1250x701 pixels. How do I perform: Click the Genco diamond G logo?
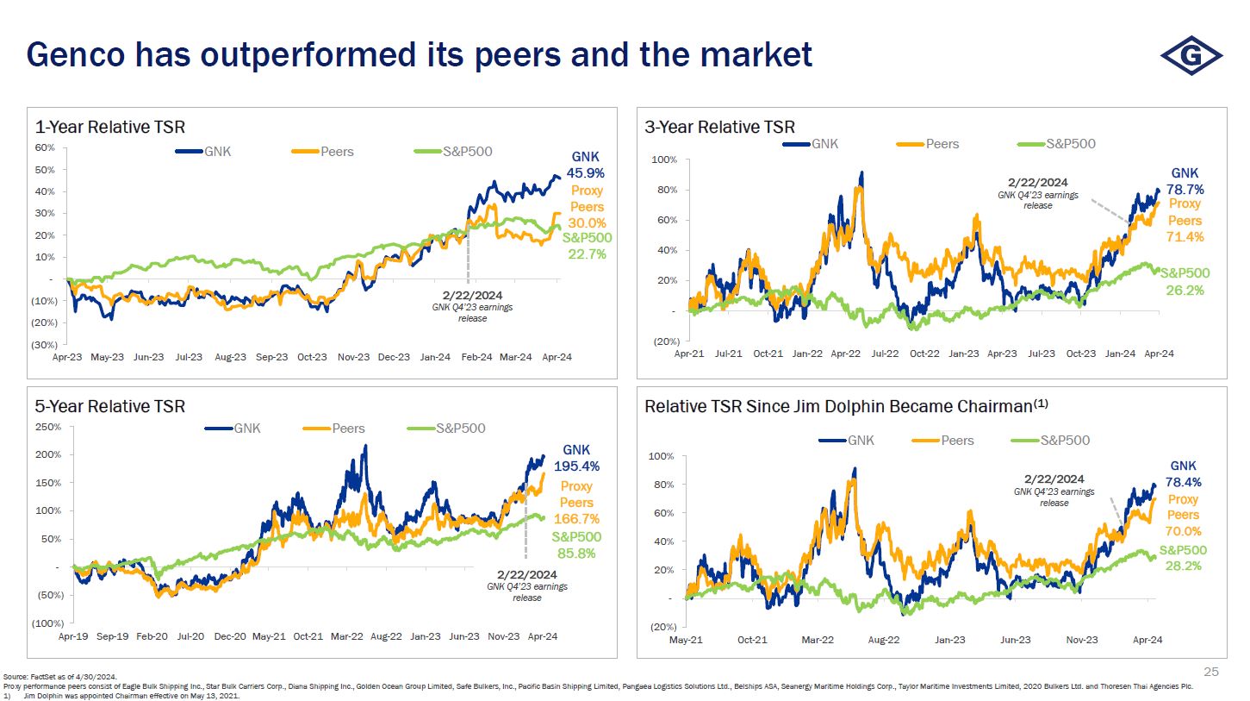pyautogui.click(x=1191, y=56)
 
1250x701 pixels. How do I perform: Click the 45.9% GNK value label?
pyautogui.click(x=585, y=173)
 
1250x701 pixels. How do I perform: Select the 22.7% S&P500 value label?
pyautogui.click(x=588, y=254)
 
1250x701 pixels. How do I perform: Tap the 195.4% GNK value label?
pyautogui.click(x=576, y=466)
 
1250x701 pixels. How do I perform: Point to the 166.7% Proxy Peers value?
pyautogui.click(x=576, y=519)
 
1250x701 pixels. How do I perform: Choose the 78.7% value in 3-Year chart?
pyautogui.click(x=1185, y=190)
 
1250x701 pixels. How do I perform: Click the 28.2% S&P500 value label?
pyautogui.click(x=1183, y=566)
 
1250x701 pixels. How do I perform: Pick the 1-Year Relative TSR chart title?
pyautogui.click(x=109, y=128)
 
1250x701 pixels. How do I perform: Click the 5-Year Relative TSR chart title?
pyautogui.click(x=109, y=406)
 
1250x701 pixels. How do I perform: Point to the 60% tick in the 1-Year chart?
pyautogui.click(x=45, y=147)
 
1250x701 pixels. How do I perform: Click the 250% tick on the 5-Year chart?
pyautogui.click(x=47, y=427)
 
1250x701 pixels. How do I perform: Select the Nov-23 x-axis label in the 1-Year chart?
pyautogui.click(x=353, y=357)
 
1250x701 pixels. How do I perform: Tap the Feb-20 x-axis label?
pyautogui.click(x=152, y=637)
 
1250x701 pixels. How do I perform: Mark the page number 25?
pyautogui.click(x=1211, y=672)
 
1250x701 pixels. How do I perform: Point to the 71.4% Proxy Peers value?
pyautogui.click(x=1185, y=236)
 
